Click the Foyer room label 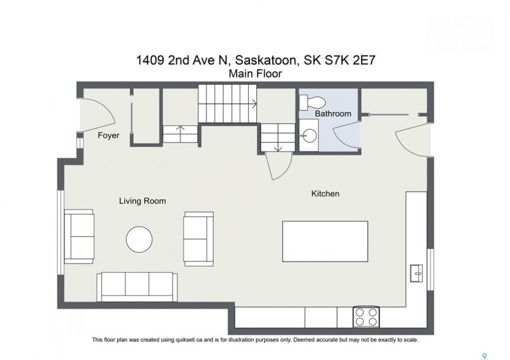pos(109,135)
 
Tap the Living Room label pos(143,201)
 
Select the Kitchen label pos(325,193)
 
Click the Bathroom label pos(333,113)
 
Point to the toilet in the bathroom pos(312,102)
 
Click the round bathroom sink pos(309,135)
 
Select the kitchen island pos(325,241)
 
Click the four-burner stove pos(366,317)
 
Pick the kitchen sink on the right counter pos(416,273)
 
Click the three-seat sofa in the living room pos(137,287)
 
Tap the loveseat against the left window pos(79,236)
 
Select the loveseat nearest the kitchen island pos(198,239)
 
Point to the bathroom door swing pos(344,136)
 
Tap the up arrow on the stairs pos(181,130)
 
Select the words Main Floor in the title pos(255,73)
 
